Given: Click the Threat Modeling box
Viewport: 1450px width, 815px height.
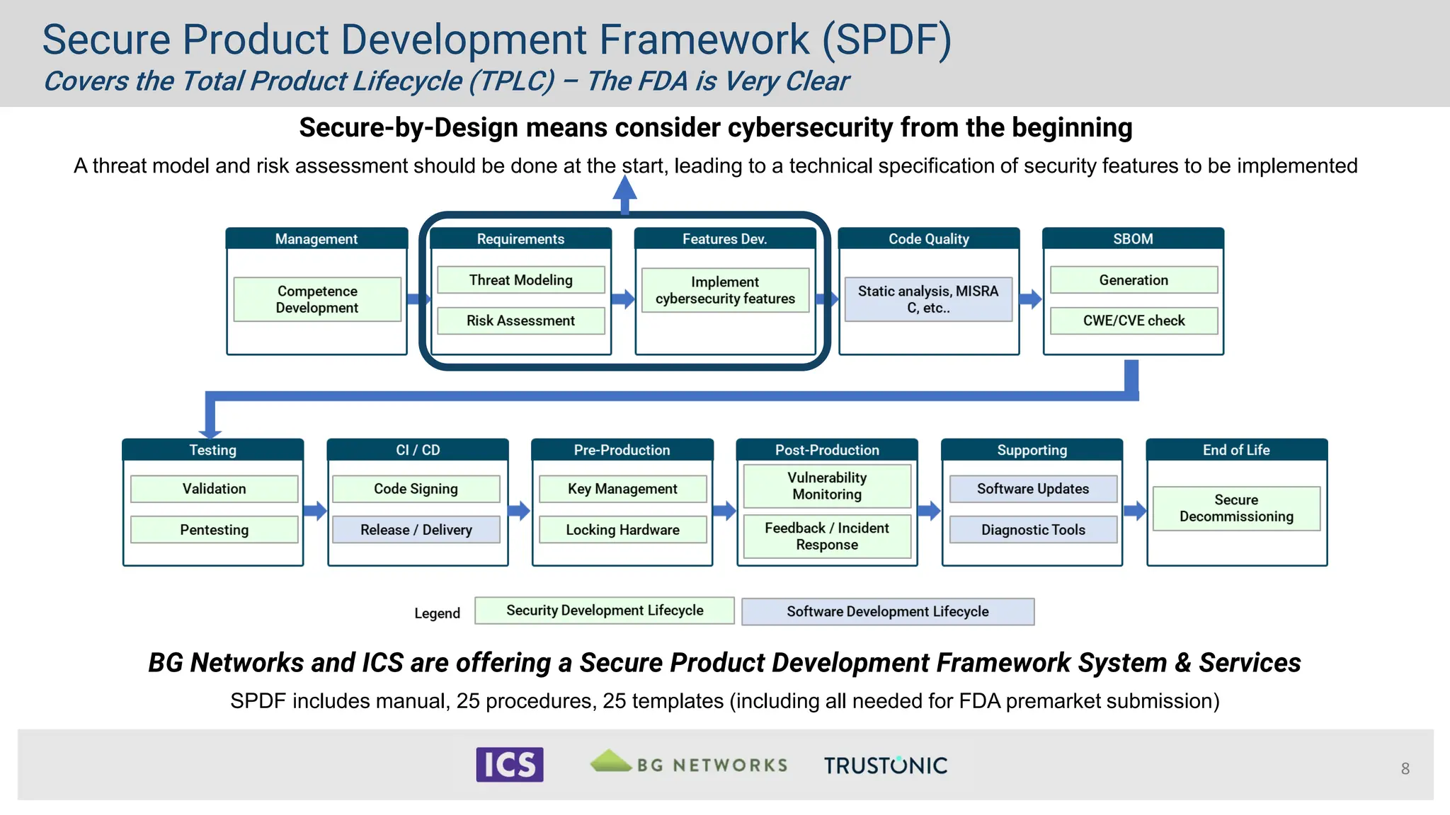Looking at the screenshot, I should click(520, 280).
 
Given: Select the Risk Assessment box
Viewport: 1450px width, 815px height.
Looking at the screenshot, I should click(520, 320).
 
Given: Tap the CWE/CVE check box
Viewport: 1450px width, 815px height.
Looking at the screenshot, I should click(1134, 320).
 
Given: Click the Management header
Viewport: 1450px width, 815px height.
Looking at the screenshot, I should click(316, 239).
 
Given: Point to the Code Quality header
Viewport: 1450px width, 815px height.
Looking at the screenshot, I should click(928, 239).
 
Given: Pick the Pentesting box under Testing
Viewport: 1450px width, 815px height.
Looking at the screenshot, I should click(214, 530).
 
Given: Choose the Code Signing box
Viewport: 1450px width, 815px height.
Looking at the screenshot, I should click(416, 489).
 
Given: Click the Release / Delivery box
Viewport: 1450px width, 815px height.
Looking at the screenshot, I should click(416, 530).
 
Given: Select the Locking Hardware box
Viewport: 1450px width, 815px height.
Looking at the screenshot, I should click(622, 530).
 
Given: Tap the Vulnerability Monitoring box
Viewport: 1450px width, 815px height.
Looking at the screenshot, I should click(827, 486).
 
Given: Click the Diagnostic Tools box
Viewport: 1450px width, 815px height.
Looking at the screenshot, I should click(1033, 530).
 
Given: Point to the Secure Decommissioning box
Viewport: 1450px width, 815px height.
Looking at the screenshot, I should click(1236, 508).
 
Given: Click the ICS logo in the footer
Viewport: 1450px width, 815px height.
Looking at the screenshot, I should click(510, 765).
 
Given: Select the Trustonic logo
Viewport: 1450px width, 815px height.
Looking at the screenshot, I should click(885, 765).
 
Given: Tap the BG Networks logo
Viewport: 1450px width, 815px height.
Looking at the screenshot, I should click(689, 763).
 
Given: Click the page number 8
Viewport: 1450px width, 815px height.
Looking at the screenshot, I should click(1405, 768).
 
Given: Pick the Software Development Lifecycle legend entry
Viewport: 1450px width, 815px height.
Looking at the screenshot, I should click(887, 611).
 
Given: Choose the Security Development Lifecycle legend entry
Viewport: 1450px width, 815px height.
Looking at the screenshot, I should click(604, 611).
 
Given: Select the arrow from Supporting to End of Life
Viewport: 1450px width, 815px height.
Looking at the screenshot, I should click(1134, 510).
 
